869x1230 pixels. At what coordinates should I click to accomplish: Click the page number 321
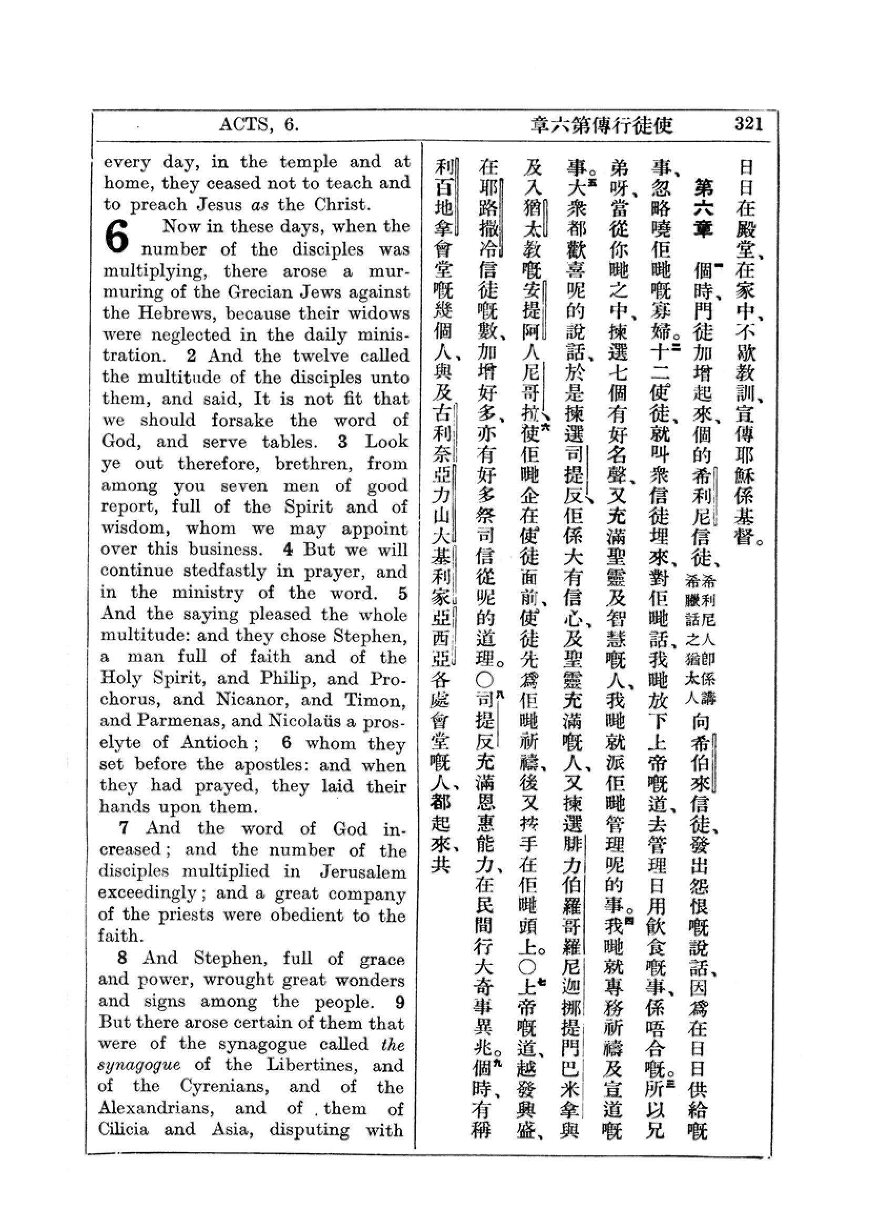pyautogui.click(x=749, y=124)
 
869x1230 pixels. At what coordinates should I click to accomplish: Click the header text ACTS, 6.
pyautogui.click(x=259, y=125)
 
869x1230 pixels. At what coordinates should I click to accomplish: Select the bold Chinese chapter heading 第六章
pyautogui.click(x=701, y=208)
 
